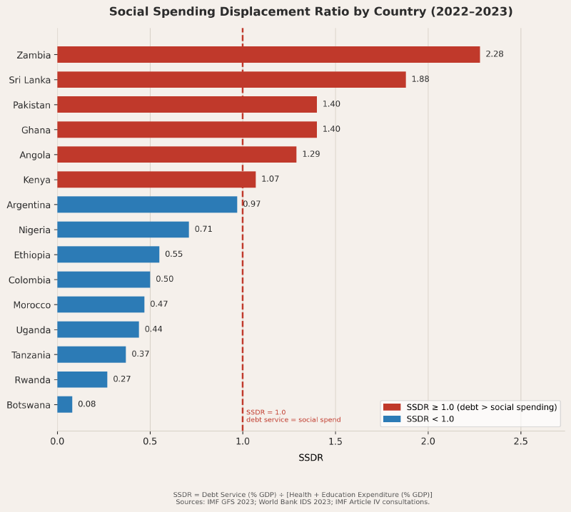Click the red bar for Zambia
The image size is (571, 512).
pos(268,55)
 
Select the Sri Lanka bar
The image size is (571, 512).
pos(231,80)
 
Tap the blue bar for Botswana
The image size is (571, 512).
pos(65,404)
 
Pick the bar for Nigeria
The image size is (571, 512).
pos(123,230)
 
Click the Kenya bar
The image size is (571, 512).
pos(156,180)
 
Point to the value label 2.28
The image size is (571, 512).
pos(495,54)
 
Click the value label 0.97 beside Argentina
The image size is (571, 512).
pos(252,205)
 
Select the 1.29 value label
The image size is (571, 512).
pos(311,154)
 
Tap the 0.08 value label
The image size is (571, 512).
pos(86,404)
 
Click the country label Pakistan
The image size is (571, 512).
pos(31,105)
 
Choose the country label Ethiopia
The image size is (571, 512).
pos(32,255)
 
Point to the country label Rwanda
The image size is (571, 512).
pos(34,379)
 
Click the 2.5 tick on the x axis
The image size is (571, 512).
pos(520,442)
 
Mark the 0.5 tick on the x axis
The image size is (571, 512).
pos(150,442)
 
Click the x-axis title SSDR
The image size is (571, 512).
pos(310,458)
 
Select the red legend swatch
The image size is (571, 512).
pos(392,406)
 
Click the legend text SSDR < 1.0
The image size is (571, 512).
pos(430,419)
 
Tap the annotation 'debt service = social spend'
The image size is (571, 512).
pos(293,420)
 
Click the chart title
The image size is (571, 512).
pos(310,12)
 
